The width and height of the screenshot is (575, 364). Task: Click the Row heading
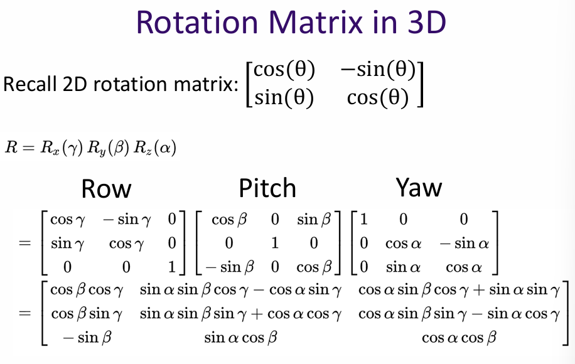107,188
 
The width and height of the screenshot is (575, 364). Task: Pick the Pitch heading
267,188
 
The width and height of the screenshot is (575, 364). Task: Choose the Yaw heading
419,187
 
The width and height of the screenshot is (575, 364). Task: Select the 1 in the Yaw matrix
365,220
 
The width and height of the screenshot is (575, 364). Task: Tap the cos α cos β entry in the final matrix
458,338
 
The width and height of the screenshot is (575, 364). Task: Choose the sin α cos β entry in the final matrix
239,338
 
